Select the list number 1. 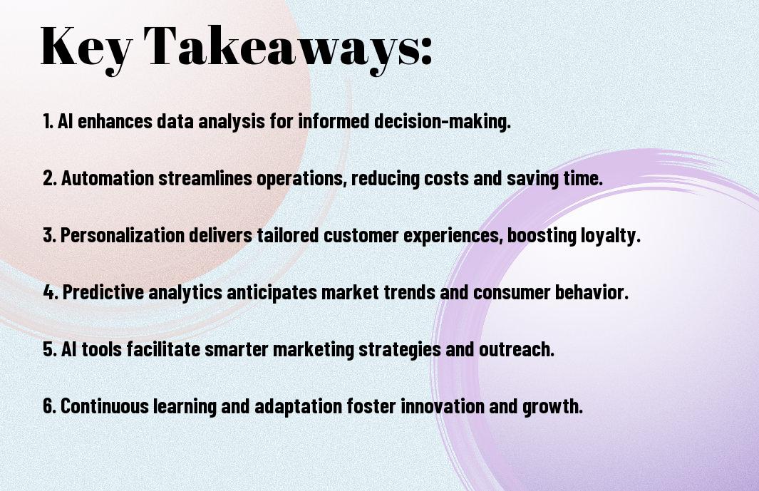pyautogui.click(x=48, y=121)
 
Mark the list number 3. pyautogui.click(x=49, y=235)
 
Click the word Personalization pyautogui.click(x=123, y=235)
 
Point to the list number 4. pyautogui.click(x=51, y=292)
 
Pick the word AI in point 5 pyautogui.click(x=68, y=349)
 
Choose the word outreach pyautogui.click(x=517, y=349)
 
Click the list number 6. pyautogui.click(x=49, y=406)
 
